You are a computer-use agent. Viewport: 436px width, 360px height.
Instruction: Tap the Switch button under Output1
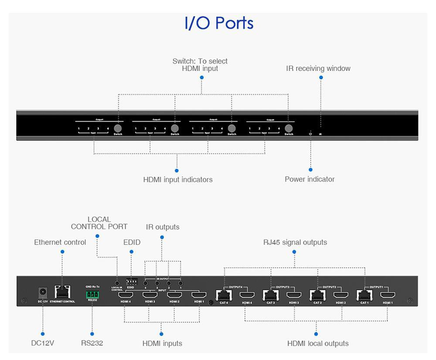coord(118,128)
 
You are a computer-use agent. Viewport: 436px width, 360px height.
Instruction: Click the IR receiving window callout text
coord(318,68)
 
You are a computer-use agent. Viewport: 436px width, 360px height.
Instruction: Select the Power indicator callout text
coord(310,179)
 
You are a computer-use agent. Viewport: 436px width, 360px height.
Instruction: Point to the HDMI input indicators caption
coord(178,180)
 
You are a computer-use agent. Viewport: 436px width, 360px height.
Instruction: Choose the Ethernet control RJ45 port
coord(62,292)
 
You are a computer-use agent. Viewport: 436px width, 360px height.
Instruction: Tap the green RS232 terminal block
coord(92,294)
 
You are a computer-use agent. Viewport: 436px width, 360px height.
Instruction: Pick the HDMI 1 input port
coord(199,295)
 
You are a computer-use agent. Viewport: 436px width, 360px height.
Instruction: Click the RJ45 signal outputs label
coord(295,242)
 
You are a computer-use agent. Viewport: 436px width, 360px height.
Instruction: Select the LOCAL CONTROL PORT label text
coord(99,223)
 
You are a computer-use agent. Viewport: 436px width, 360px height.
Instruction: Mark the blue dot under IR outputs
coord(162,238)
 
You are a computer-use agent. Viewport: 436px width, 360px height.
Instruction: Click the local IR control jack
coord(117,283)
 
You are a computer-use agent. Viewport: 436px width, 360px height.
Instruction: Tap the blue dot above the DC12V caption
coord(43,333)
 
